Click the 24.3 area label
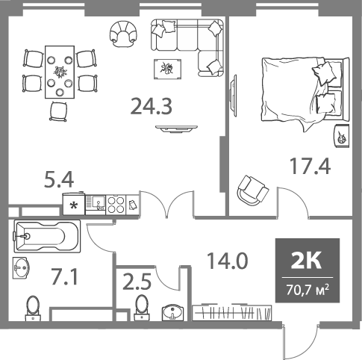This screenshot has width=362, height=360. click(152, 107)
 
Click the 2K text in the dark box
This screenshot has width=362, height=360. click(308, 260)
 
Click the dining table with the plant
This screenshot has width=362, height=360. click(60, 72)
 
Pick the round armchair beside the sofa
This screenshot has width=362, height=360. click(123, 33)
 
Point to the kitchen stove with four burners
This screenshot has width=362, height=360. click(115, 204)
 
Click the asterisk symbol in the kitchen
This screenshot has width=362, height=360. click(74, 204)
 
